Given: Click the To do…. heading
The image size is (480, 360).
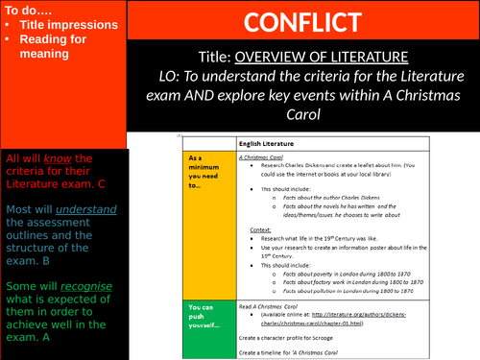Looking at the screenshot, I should coord(30,10).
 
